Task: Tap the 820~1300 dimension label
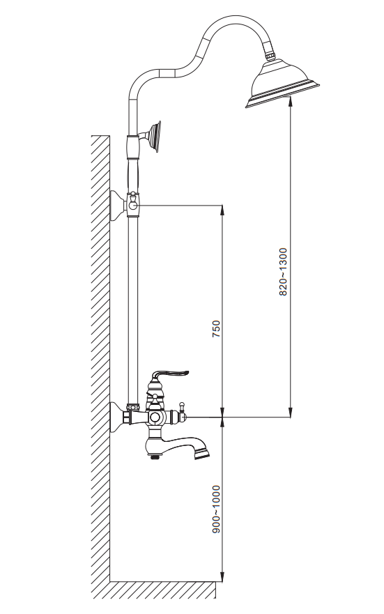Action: [283, 272]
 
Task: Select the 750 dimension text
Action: [215, 329]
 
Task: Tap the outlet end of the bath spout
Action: [203, 454]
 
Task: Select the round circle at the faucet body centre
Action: [155, 418]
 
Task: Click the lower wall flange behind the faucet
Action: [116, 417]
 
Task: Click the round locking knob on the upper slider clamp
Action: [134, 203]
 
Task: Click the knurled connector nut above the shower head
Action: [270, 55]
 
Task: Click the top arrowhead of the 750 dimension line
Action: [222, 210]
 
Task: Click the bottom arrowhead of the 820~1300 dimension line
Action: [290, 412]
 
